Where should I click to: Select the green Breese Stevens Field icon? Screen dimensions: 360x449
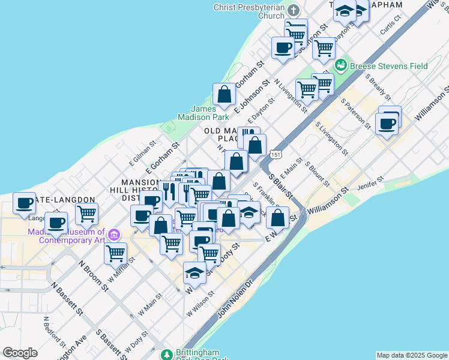(x=341, y=64)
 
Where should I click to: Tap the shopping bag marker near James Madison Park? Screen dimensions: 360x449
(x=224, y=94)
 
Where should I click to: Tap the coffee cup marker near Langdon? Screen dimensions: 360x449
(x=25, y=203)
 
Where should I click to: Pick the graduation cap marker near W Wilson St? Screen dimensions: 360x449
(x=194, y=273)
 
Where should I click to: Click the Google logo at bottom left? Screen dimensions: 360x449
(x=20, y=353)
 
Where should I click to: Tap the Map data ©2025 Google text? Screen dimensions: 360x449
(x=412, y=355)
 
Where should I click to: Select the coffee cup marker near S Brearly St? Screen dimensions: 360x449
(x=386, y=124)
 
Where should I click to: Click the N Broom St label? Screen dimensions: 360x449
(x=92, y=275)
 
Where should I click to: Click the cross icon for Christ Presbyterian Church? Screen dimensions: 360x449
(x=293, y=11)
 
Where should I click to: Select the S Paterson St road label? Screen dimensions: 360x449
(x=355, y=113)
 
